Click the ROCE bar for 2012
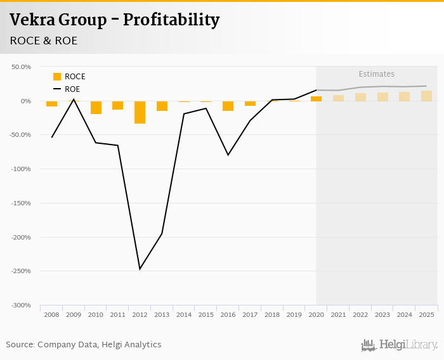(140, 112)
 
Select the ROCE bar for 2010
(96, 107)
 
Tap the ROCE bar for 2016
(228, 106)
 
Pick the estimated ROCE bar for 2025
(426, 96)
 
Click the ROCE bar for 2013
(162, 106)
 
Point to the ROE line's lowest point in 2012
(140, 269)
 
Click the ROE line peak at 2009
(74, 99)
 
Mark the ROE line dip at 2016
(228, 155)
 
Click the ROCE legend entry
(69, 77)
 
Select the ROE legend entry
(67, 89)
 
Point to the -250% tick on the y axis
(22, 271)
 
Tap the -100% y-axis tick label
(22, 169)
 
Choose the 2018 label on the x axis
(272, 314)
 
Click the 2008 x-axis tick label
(51, 314)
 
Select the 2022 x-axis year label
(360, 314)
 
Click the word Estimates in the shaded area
(376, 74)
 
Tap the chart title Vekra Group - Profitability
(115, 20)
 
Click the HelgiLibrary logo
(400, 345)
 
